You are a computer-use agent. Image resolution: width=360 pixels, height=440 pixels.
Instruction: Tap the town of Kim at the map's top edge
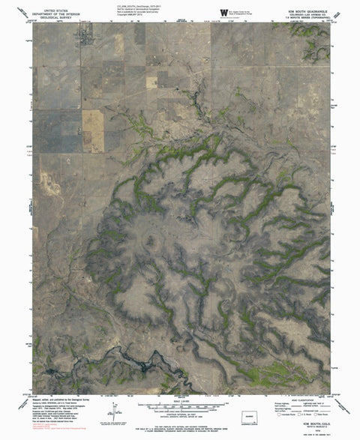[88, 31]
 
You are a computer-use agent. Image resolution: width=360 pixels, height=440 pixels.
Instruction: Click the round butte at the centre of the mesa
[148, 242]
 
